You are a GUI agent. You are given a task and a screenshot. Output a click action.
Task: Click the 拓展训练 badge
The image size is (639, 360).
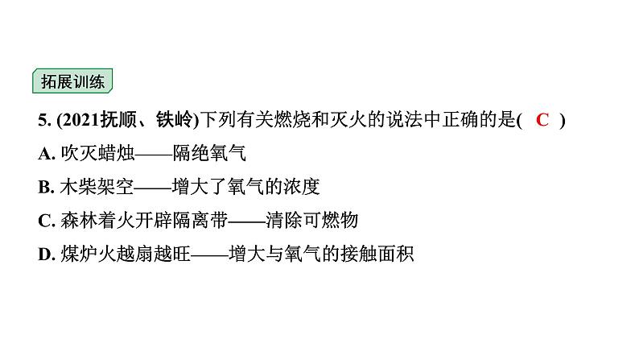(72, 82)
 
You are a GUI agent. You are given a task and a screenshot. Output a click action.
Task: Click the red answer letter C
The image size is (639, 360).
(542, 121)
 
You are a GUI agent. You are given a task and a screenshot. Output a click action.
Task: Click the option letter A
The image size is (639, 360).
(43, 154)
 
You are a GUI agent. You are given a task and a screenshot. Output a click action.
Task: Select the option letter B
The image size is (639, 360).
(43, 188)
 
